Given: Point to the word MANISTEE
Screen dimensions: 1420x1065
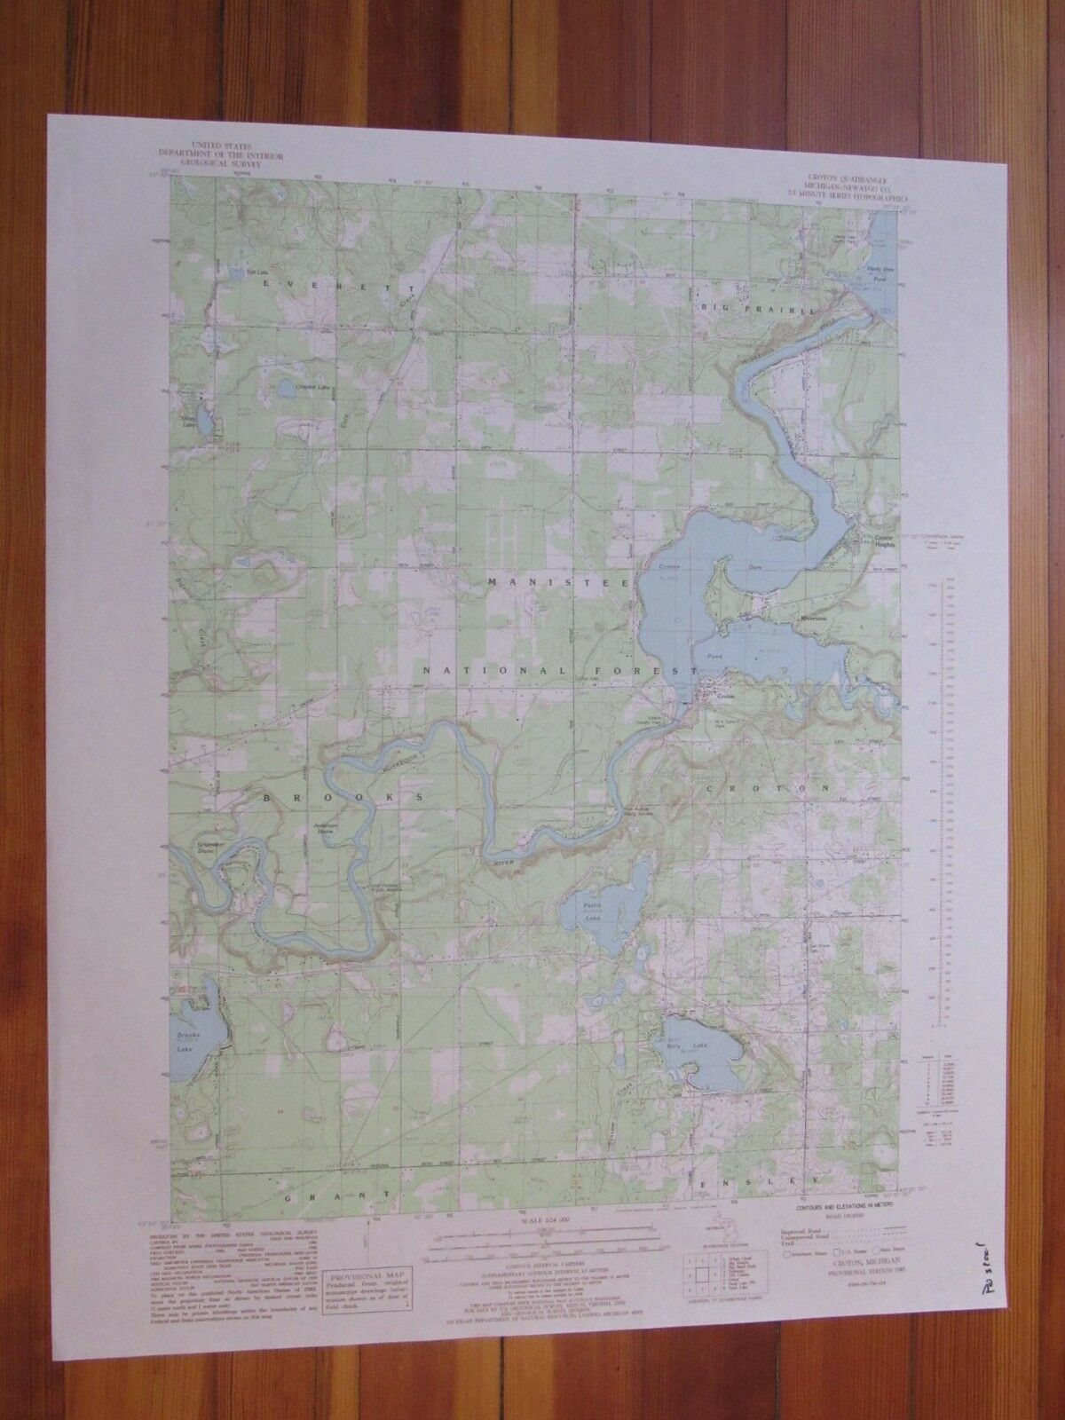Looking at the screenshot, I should point(558,583).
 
